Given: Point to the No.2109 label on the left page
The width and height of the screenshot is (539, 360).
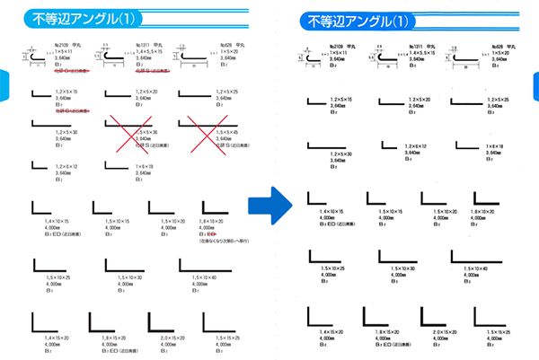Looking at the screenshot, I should pyautogui.click(x=63, y=45).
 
